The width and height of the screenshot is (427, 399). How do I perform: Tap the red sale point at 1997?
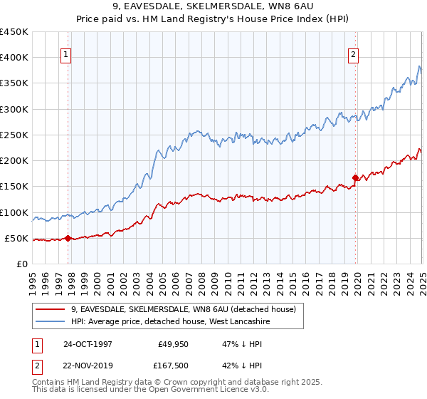pos(68,239)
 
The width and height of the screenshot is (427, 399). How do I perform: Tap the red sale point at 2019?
pos(355,177)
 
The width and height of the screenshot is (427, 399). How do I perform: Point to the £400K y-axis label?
pos(14,58)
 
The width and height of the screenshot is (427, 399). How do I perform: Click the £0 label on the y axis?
pos(23,264)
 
